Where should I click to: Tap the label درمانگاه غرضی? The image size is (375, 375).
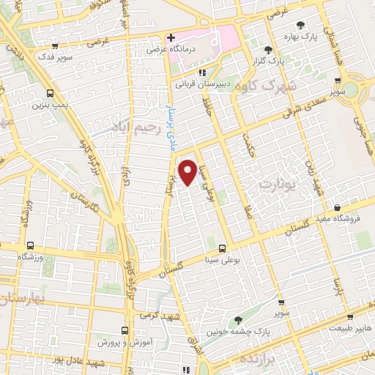coord(166,51)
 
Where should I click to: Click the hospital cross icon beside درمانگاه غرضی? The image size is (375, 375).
coord(170,37)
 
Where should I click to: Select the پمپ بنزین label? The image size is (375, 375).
coord(48,105)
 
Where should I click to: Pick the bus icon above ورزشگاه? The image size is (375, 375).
coord(30,246)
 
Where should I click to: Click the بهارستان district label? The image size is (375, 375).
coord(22,299)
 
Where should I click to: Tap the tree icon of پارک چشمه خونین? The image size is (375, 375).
coord(238,319)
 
